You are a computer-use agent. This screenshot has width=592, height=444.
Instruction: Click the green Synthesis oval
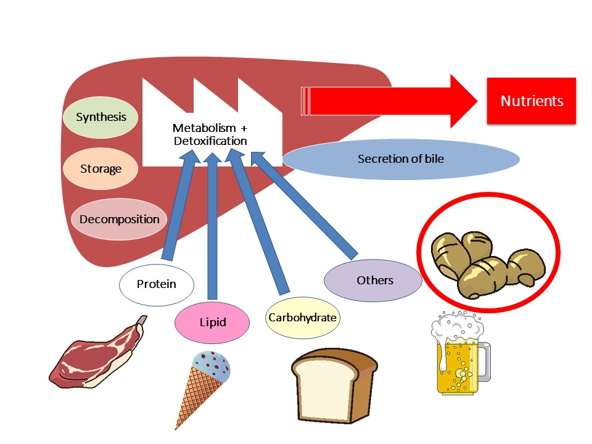tap(101, 117)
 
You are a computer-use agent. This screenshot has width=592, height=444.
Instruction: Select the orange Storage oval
tap(101, 168)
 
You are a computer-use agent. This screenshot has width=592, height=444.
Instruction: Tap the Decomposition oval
tap(119, 220)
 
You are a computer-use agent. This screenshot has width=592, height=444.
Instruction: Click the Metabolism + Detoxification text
tap(210, 135)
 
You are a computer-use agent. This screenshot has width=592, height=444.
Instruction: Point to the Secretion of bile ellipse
tap(401, 159)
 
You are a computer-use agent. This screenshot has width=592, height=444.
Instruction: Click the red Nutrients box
tap(531, 101)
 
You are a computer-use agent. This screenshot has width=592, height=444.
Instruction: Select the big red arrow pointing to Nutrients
tap(395, 101)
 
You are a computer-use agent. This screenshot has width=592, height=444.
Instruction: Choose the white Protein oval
tap(156, 284)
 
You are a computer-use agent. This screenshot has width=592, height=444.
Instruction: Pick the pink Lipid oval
tap(212, 322)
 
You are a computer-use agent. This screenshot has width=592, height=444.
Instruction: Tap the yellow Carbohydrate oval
tap(302, 318)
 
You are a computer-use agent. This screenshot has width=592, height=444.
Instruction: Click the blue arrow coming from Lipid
tap(212, 228)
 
